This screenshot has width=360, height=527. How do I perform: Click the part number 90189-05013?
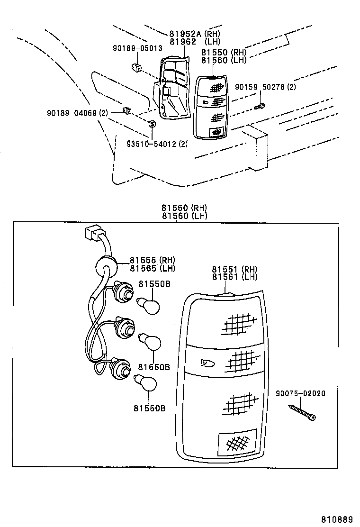pos(137,48)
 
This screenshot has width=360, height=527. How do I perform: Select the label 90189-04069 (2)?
pos(77,113)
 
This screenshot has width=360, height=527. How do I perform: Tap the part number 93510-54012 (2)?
pos(156,144)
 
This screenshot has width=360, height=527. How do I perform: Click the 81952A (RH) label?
pos(195,34)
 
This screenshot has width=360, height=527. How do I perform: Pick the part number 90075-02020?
pos(301,394)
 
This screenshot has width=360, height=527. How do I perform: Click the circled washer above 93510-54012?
pos(152,124)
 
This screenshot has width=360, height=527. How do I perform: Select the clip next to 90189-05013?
pos(136,67)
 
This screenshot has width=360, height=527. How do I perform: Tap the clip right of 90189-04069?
pos(127,111)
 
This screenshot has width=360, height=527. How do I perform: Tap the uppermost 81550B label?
pos(154,284)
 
